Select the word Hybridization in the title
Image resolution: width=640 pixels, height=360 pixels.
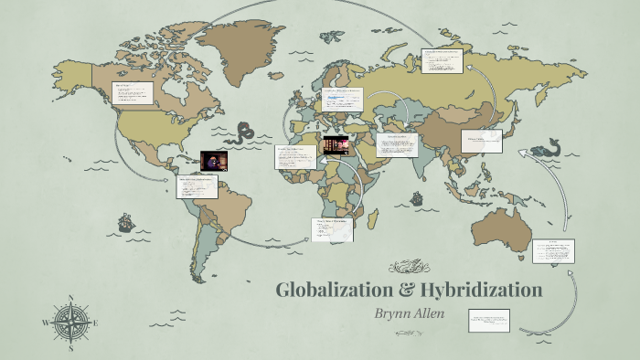(x=480, y=291)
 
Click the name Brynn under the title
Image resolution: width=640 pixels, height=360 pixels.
(x=398, y=312)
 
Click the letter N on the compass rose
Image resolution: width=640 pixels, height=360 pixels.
(x=70, y=299)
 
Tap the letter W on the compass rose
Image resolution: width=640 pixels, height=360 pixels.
(x=46, y=323)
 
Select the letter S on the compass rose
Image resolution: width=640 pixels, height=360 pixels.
(x=70, y=347)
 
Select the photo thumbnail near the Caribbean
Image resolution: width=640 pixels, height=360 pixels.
(x=214, y=161)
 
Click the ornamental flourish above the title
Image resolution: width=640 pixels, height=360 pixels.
(x=408, y=267)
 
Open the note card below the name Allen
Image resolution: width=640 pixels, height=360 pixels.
(x=489, y=320)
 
